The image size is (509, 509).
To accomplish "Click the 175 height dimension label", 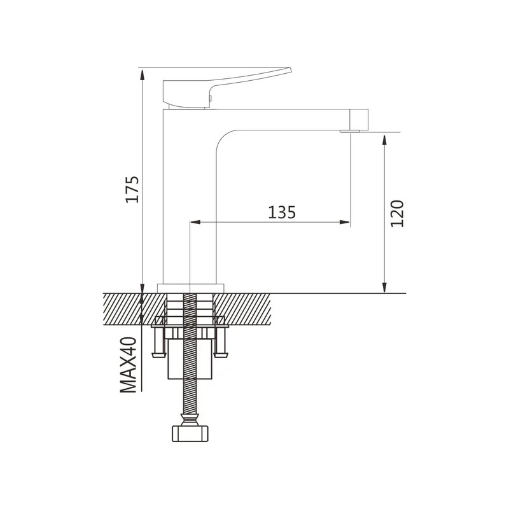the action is (x=132, y=190).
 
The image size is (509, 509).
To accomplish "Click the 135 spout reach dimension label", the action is (x=282, y=213).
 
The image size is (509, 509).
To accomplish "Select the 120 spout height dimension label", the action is (x=397, y=214).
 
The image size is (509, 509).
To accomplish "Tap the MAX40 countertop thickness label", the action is (x=129, y=365).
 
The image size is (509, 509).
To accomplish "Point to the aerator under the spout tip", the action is (x=350, y=132).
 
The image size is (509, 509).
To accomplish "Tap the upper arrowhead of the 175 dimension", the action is (x=142, y=74).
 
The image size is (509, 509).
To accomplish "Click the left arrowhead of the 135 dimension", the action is (x=195, y=222).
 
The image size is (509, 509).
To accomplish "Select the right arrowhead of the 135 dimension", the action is (x=344, y=222).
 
